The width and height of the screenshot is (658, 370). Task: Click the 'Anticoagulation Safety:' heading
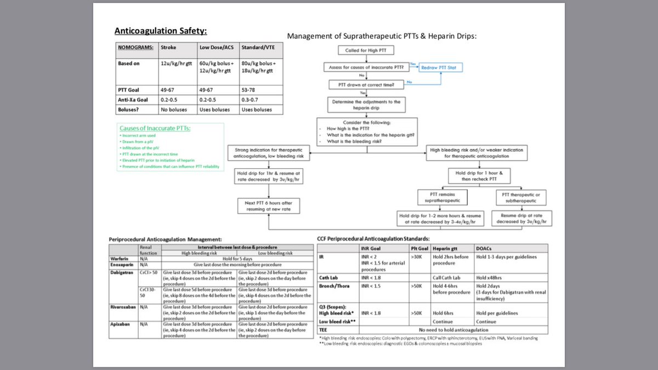(160, 31)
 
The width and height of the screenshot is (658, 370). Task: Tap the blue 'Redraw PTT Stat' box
(441, 68)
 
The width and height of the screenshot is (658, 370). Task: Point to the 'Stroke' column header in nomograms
(168, 48)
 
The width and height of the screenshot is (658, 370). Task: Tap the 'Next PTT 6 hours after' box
(264, 206)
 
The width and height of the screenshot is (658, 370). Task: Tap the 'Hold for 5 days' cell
(237, 259)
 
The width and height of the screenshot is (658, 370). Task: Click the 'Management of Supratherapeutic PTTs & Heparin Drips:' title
(382, 37)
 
